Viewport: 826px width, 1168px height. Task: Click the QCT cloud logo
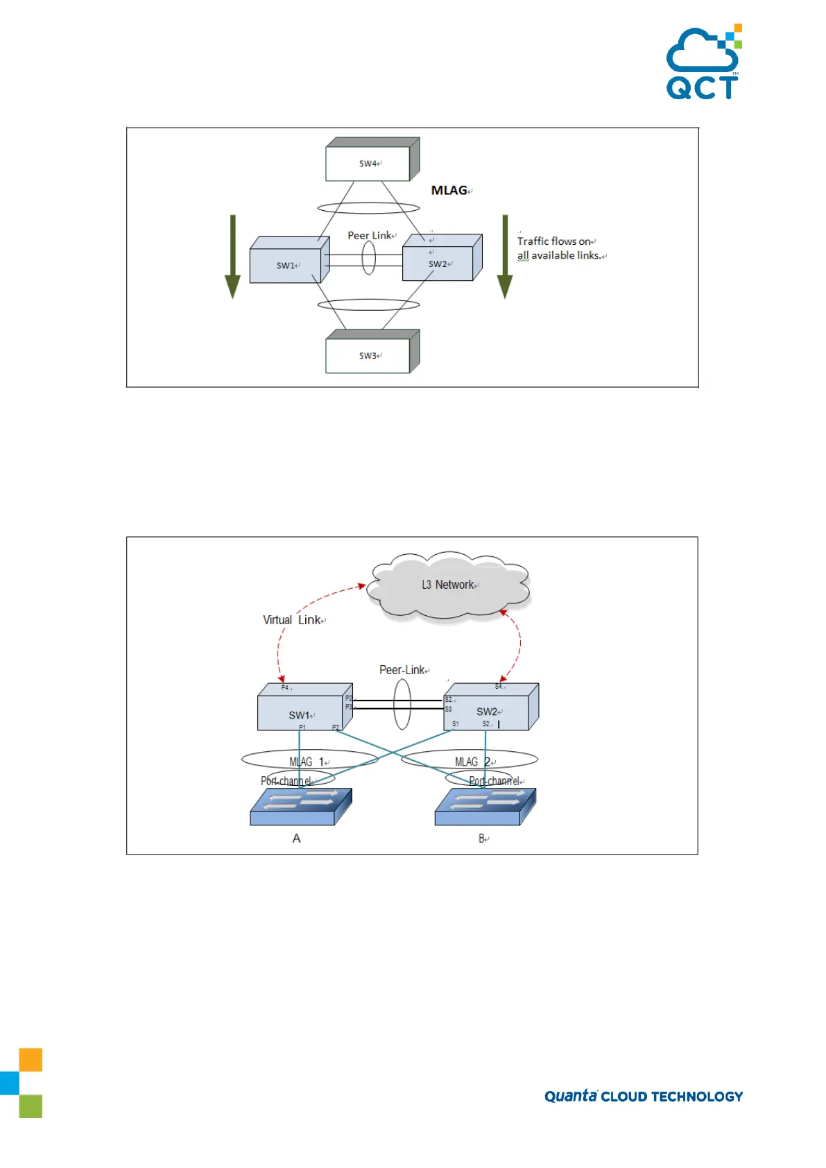703,62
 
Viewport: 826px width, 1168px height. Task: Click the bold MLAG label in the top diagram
449,190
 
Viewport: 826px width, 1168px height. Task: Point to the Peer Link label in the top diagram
370,235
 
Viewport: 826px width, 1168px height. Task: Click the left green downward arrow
232,257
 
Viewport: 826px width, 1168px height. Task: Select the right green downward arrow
505,257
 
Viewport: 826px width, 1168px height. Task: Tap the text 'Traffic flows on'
554,241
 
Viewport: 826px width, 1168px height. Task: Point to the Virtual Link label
292,619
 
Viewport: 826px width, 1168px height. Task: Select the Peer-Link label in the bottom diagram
402,670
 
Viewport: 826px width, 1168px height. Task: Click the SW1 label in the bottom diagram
300,715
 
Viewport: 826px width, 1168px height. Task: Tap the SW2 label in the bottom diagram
487,712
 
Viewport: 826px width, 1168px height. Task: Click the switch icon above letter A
300,807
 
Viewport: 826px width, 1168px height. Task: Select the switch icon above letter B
485,807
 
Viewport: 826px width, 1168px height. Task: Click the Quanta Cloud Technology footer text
643,1096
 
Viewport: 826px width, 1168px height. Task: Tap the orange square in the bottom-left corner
31,1060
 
